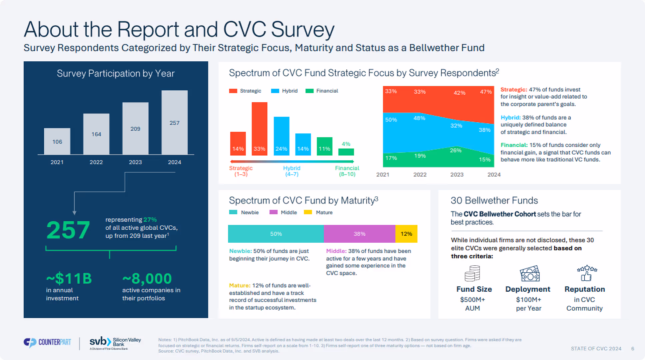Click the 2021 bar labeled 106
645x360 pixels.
tap(57, 141)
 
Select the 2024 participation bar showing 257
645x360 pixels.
tap(174, 122)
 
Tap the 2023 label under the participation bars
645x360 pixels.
tap(135, 162)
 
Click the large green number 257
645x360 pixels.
tap(68, 230)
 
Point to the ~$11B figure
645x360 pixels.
tap(69, 278)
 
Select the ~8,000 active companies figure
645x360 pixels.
tap(147, 278)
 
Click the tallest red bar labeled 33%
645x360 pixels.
tap(259, 128)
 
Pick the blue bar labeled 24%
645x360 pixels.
tap(281, 136)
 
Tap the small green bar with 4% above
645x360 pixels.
tap(346, 152)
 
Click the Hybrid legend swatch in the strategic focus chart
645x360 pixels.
tap(275, 91)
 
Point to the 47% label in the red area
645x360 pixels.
tap(486, 92)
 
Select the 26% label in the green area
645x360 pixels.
tap(455, 150)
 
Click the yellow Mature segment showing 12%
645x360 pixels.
tap(406, 234)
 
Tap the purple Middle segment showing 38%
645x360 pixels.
tap(359, 234)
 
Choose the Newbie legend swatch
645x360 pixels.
tap(233, 212)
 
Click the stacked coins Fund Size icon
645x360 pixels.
tap(472, 273)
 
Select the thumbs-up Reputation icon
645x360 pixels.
tap(586, 273)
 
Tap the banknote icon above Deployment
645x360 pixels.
tap(530, 274)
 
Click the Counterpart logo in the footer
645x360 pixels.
tap(47, 342)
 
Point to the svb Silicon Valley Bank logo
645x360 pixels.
tap(115, 343)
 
